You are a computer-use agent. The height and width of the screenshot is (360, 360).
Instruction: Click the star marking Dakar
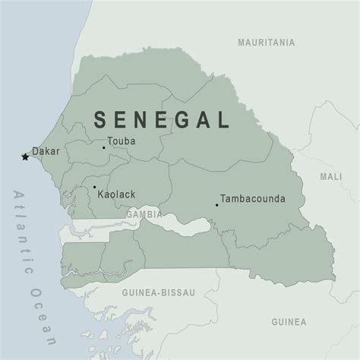(25, 157)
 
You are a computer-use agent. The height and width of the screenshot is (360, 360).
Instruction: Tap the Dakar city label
(46, 151)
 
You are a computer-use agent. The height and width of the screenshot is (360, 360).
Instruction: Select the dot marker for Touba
(104, 147)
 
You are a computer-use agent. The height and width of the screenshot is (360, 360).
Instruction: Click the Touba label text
(122, 141)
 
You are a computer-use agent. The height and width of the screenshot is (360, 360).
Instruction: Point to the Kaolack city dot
(94, 187)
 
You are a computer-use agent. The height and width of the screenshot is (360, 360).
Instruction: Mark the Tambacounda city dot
(217, 204)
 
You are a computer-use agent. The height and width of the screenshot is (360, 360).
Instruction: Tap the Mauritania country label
(266, 43)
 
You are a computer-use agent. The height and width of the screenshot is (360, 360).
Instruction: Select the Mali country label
(330, 176)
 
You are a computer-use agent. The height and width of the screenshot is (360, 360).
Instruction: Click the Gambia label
(144, 214)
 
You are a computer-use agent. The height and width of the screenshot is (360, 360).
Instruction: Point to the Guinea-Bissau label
(156, 292)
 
